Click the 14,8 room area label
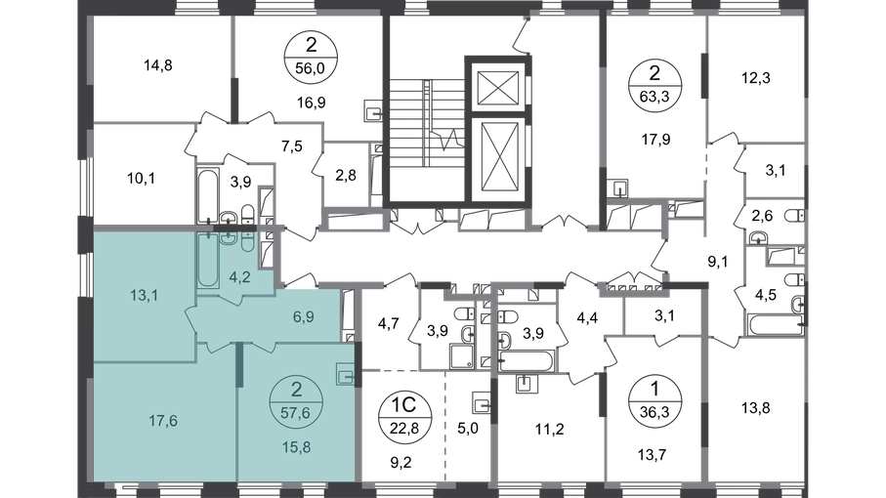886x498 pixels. point(157,65)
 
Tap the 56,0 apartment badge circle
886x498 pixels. point(311,56)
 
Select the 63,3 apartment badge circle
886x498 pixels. point(654,85)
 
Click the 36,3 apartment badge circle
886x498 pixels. point(654,401)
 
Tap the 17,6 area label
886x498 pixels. point(163,421)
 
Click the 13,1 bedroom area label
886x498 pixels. point(144,295)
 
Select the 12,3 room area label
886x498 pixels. point(756,78)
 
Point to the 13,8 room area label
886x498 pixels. point(756,407)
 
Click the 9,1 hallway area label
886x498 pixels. point(718,262)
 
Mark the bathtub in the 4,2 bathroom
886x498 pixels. point(207,261)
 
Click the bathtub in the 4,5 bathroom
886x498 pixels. point(776,325)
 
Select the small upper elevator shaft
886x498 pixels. point(498,88)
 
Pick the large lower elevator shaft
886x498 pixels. point(498,158)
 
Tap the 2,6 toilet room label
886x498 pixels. point(762,216)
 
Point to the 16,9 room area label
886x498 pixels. point(312,103)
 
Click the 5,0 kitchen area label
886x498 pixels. point(467,429)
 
